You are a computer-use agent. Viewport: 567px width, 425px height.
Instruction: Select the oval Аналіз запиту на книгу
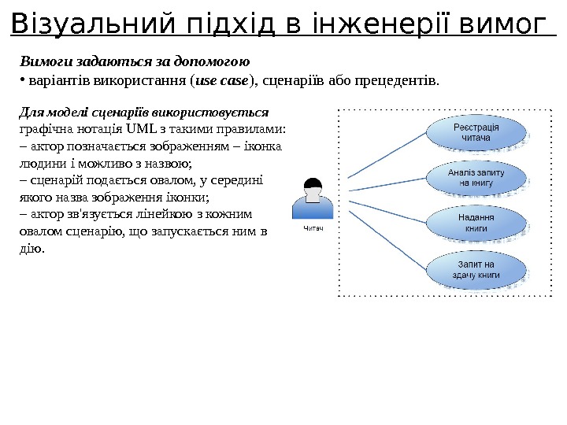tap(475, 177)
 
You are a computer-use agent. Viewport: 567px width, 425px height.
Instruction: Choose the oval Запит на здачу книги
tap(475, 269)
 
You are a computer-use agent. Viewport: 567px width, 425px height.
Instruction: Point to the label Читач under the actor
tap(313, 228)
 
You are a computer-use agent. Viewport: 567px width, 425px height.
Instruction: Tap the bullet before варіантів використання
tap(20, 80)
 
